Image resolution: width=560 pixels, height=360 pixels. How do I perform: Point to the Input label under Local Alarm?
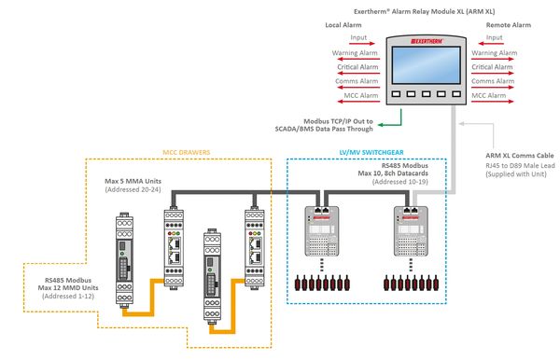(357, 37)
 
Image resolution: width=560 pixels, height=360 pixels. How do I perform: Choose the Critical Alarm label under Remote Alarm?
(494, 67)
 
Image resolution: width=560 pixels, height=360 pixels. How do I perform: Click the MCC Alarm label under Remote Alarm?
(490, 96)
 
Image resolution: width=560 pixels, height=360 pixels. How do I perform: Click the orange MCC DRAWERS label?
(187, 151)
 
